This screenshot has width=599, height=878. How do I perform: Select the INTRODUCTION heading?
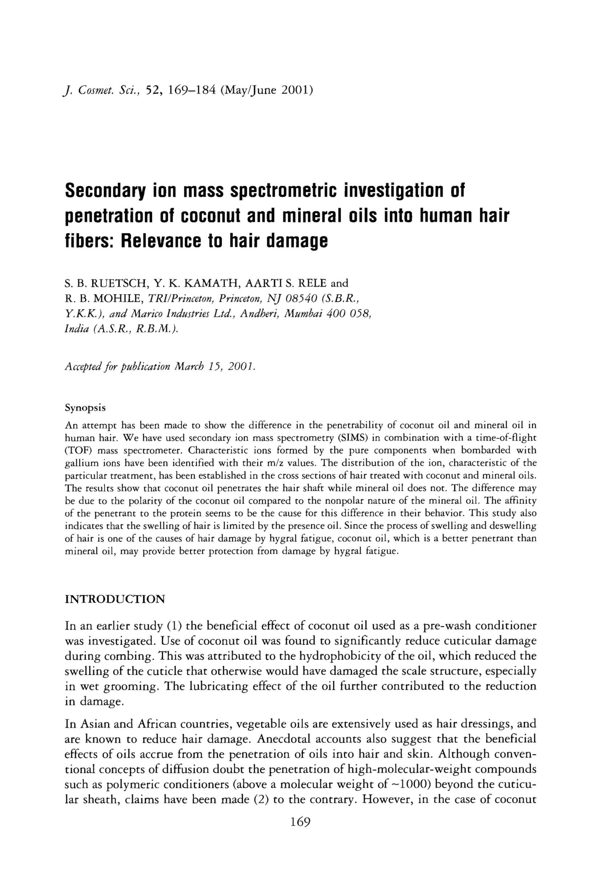coord(115,599)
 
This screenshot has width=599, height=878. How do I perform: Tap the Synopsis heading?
coord(85,408)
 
